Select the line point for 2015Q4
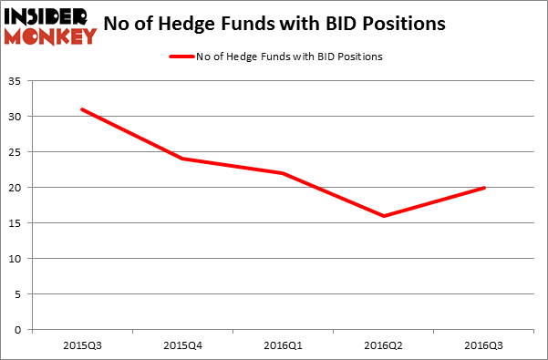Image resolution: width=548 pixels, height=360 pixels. pyautogui.click(x=182, y=159)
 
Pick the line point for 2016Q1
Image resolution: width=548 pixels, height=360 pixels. pyautogui.click(x=283, y=173)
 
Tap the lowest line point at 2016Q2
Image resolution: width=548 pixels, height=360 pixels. pyautogui.click(x=384, y=216)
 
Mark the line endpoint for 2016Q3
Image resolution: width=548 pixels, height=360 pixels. pyautogui.click(x=484, y=188)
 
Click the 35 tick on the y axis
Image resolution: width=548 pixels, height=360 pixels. pyautogui.click(x=18, y=81)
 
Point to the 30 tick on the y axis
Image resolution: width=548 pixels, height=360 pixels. pyautogui.click(x=18, y=117)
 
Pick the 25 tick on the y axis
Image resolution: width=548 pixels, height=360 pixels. pyautogui.click(x=18, y=152)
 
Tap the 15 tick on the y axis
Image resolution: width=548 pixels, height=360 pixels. pyautogui.click(x=18, y=223)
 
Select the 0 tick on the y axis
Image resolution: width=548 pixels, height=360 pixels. pyautogui.click(x=21, y=330)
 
